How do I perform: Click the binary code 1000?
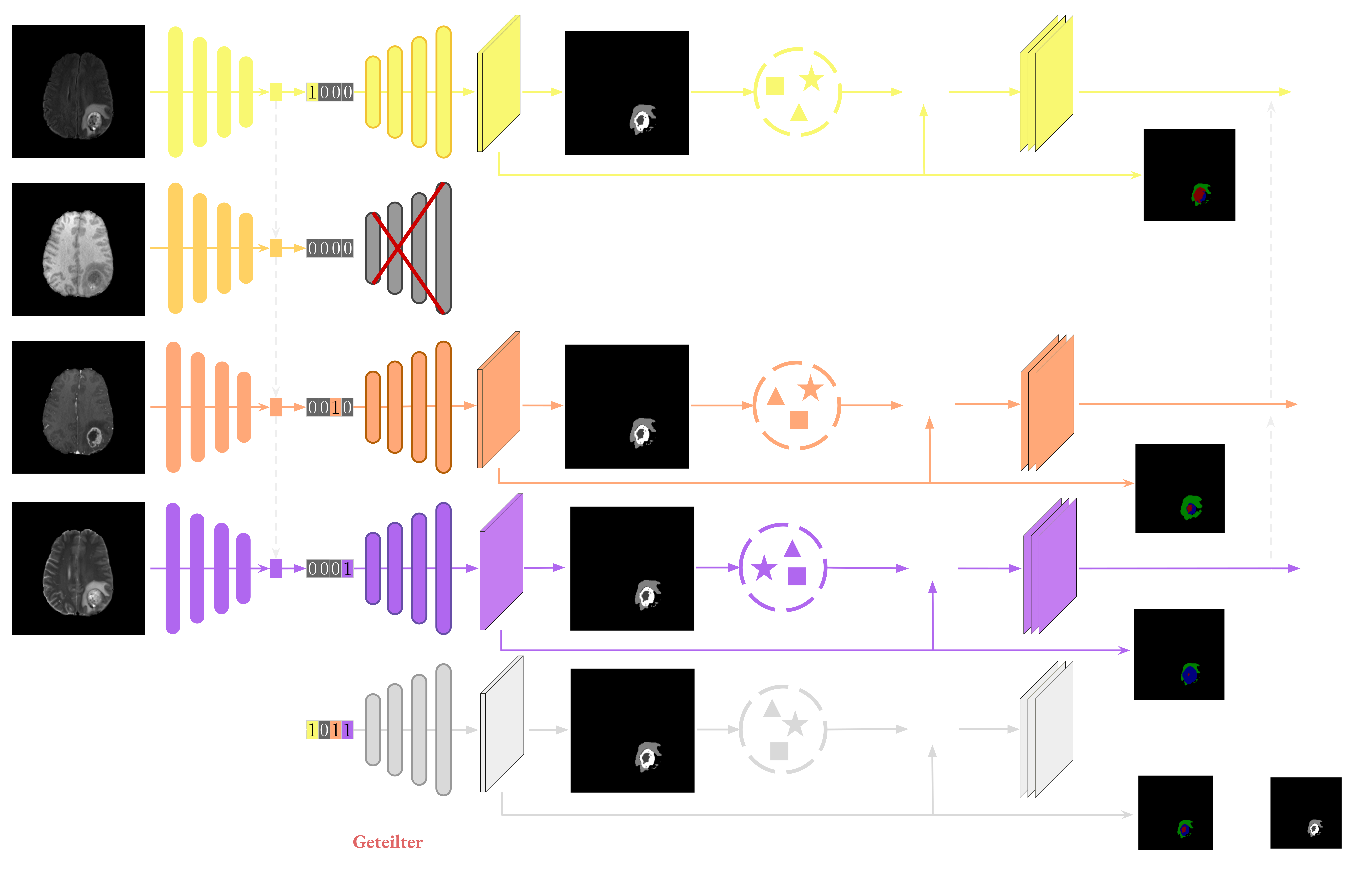(330, 92)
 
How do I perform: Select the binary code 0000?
(330, 248)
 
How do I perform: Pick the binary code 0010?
(330, 407)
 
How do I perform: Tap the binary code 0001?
(330, 568)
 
